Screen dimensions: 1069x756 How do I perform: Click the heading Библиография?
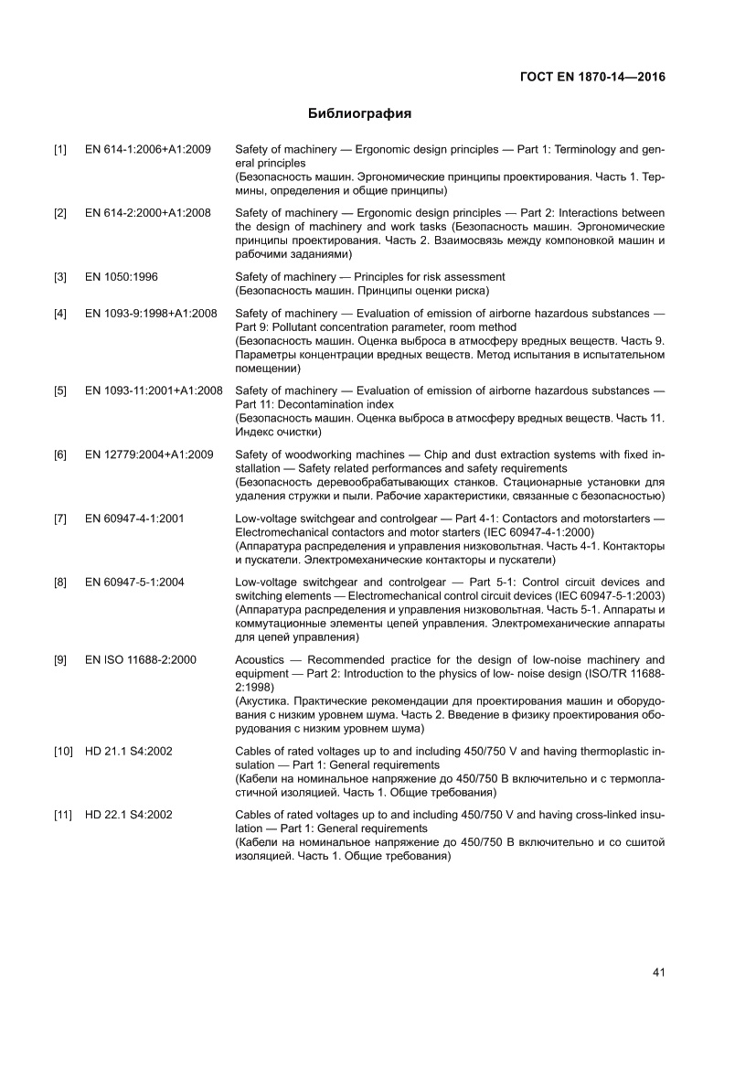point(359,114)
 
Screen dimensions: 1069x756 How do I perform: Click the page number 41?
point(657,972)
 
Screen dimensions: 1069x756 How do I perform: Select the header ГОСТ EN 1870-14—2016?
point(586,77)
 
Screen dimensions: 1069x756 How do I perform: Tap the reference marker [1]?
point(60,149)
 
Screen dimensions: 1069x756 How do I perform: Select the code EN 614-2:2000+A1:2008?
point(148,213)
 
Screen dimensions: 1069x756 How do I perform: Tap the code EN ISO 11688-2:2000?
point(140,659)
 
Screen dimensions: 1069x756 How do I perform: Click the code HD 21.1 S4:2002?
point(129,751)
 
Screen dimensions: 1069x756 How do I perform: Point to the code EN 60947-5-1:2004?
point(134,582)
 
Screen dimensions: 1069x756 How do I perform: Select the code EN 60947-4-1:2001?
point(134,518)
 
